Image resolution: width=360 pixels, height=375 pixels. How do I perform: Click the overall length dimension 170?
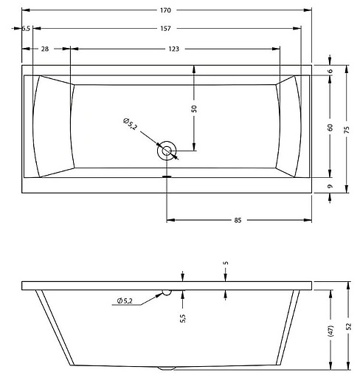click(165, 10)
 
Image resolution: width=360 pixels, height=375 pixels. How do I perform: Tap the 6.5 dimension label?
click(25, 28)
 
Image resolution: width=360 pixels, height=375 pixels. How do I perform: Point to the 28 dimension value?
click(45, 49)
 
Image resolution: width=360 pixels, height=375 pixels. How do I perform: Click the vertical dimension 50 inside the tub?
click(194, 108)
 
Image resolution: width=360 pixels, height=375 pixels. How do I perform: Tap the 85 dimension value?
click(239, 220)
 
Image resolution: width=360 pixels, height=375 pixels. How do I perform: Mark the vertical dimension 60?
click(330, 126)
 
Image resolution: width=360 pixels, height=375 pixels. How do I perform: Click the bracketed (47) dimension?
click(330, 328)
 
